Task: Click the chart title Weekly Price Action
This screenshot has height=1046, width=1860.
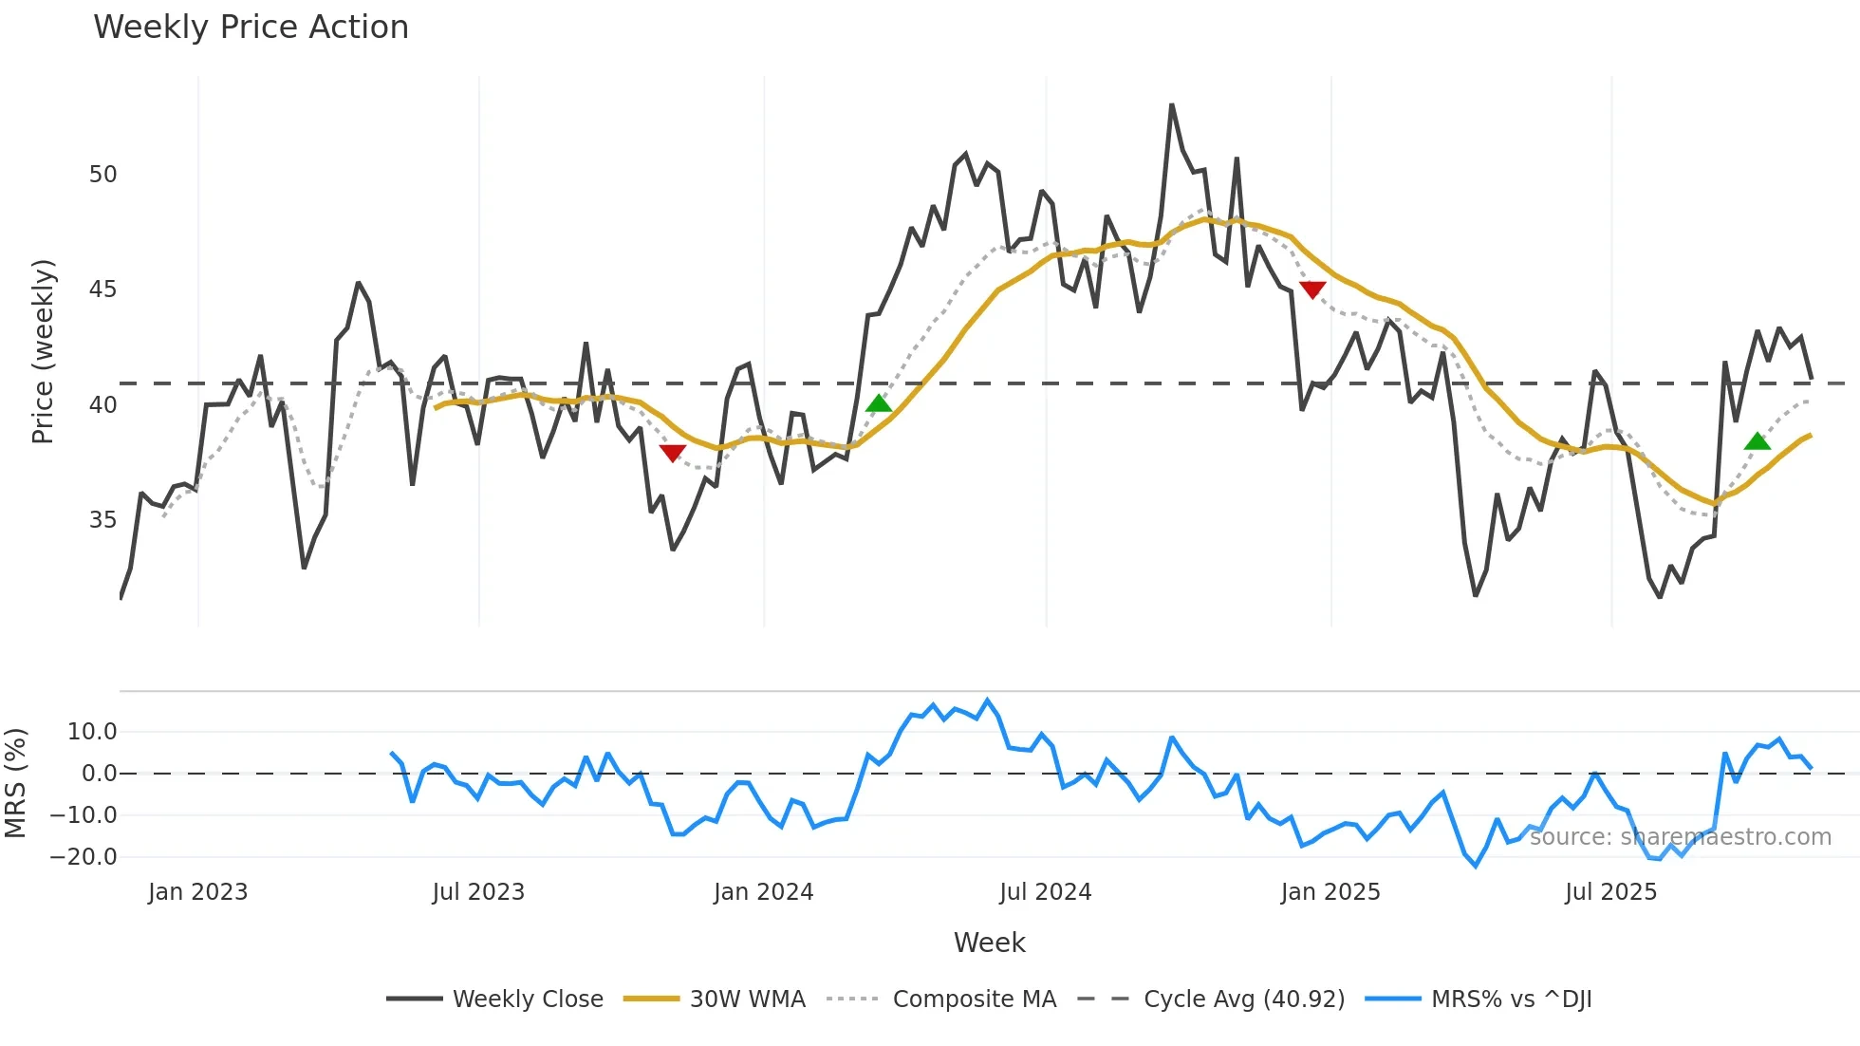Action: point(251,28)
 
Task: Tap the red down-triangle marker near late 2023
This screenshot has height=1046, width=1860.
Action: point(672,453)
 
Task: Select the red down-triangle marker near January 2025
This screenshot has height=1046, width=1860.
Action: point(1312,290)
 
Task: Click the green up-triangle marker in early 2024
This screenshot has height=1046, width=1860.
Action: point(879,403)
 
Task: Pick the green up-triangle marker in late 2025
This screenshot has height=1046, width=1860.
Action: point(1757,441)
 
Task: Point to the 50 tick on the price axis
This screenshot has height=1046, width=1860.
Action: point(102,175)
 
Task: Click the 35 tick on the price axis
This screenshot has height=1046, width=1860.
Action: point(102,520)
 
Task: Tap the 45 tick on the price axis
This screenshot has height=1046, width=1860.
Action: point(102,290)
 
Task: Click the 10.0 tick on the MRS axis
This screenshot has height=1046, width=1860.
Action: point(92,732)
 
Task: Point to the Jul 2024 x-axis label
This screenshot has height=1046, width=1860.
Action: point(1045,892)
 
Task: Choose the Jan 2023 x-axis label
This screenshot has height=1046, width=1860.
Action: point(197,892)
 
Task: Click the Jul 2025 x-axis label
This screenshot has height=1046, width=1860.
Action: point(1610,892)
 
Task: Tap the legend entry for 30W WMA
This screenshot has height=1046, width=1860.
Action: point(747,999)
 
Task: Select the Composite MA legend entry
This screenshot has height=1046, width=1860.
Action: point(974,999)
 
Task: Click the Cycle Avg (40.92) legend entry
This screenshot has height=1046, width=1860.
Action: point(1243,999)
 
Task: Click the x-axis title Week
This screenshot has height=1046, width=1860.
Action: point(989,943)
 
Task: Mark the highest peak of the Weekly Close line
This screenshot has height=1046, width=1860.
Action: point(1172,105)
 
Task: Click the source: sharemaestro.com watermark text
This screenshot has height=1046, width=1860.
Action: point(1680,837)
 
